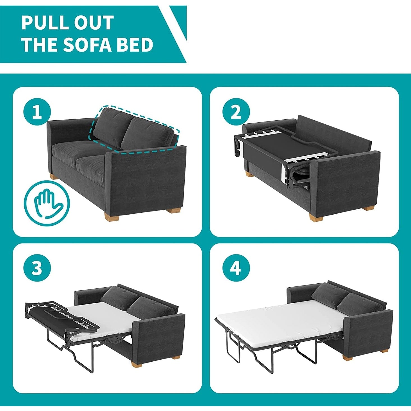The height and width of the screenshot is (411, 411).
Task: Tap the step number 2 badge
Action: coord(236,112)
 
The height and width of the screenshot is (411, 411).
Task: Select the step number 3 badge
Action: coord(37,268)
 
